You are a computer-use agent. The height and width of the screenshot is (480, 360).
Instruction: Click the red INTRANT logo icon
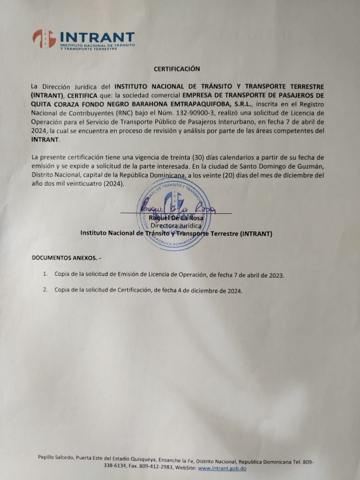pos(44,38)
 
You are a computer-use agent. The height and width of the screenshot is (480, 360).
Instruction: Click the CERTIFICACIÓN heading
pos(177,69)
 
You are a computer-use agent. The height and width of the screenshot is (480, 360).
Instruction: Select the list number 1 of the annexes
pos(45,273)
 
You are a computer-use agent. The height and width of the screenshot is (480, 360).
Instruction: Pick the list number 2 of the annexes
pos(45,290)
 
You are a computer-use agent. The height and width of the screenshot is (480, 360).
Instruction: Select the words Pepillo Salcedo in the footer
pos(57,457)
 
